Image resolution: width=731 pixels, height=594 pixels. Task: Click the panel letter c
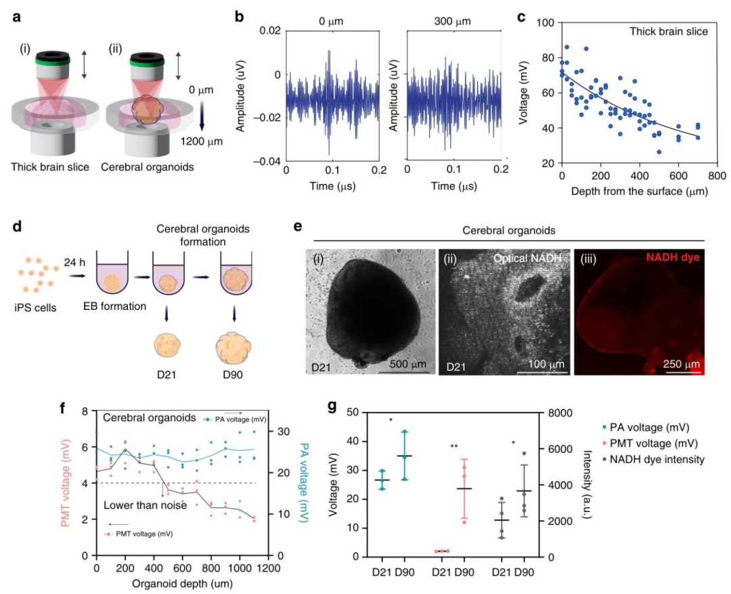pyautogui.click(x=522, y=16)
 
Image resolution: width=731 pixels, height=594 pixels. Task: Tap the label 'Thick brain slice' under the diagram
pyautogui.click(x=51, y=167)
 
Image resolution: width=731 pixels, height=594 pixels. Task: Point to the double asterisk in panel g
pyautogui.click(x=456, y=447)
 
